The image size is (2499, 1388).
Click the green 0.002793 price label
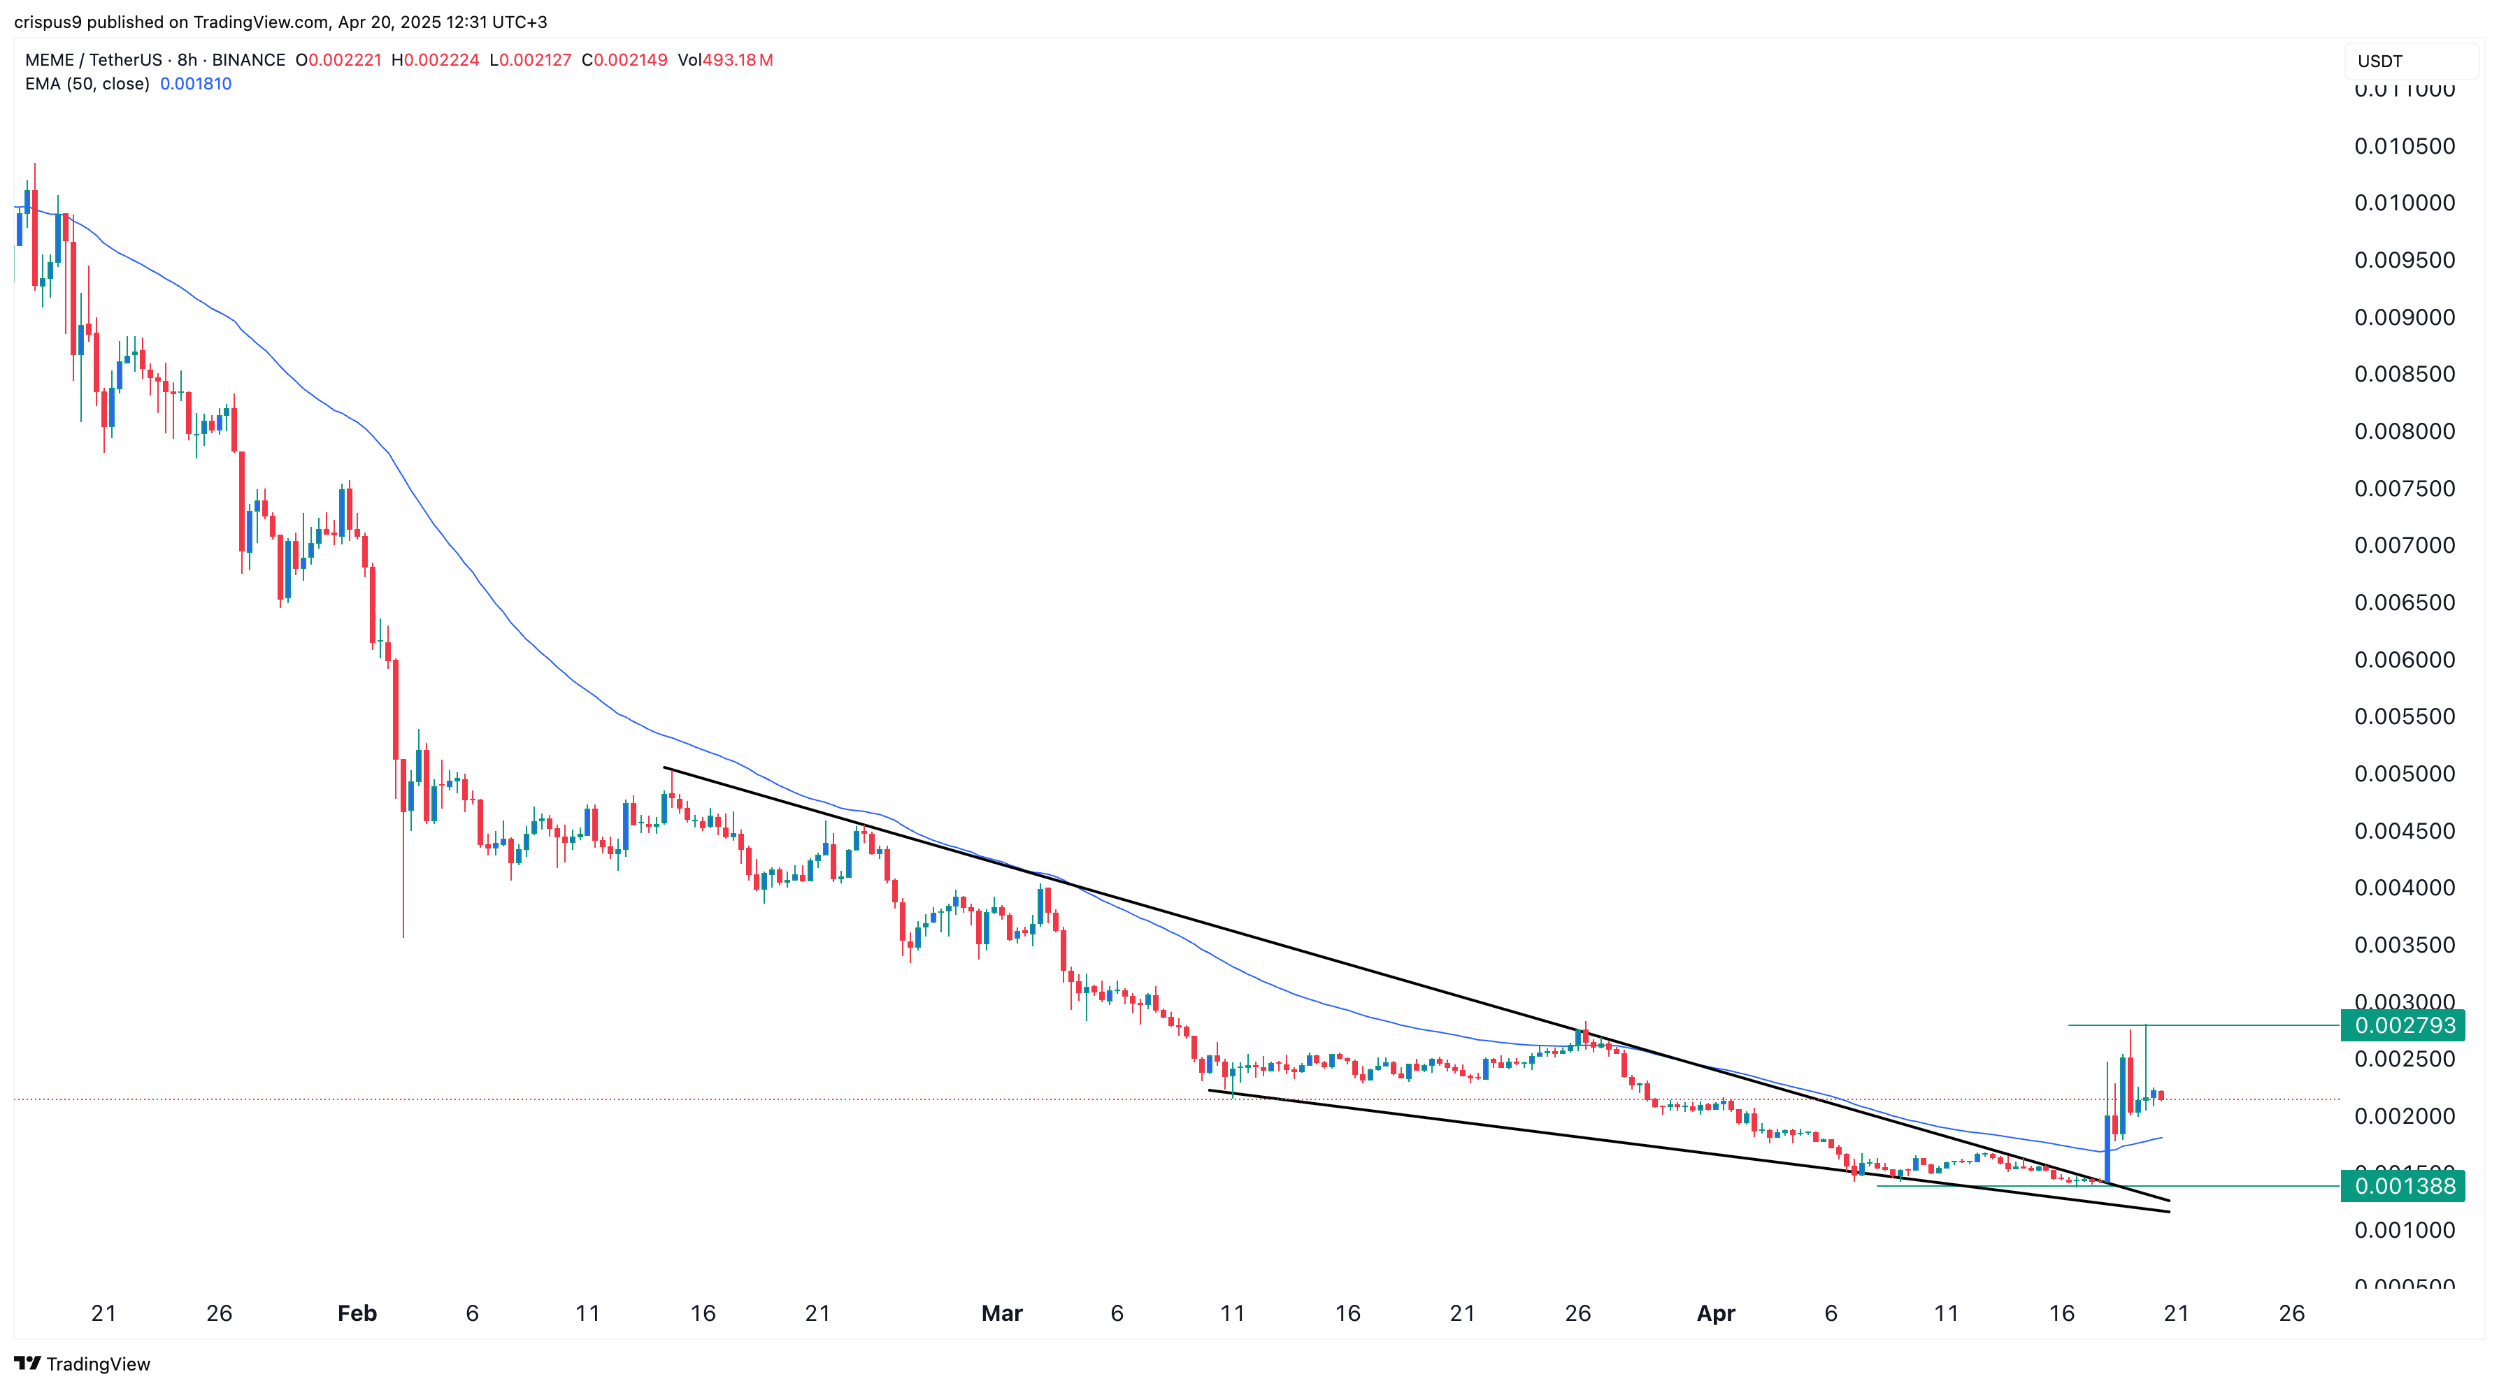(x=2403, y=1025)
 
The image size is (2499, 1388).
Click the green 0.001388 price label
(x=2403, y=1185)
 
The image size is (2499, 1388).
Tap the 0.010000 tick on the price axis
(x=2404, y=203)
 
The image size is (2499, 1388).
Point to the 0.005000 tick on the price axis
(x=2404, y=774)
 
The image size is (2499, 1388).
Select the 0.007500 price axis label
(x=2404, y=488)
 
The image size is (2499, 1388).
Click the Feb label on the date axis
(x=356, y=1313)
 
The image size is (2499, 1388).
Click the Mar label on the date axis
(x=1001, y=1313)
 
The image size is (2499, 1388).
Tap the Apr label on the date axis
(x=1715, y=1313)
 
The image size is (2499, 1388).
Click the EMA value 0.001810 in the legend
(x=195, y=83)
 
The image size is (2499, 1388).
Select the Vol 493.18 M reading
(x=724, y=60)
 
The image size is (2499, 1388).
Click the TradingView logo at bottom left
(x=83, y=1364)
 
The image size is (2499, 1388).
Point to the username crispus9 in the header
(x=48, y=22)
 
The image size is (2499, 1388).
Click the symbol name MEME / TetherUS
(x=93, y=60)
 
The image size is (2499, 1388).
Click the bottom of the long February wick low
(x=403, y=936)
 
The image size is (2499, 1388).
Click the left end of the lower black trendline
(x=1209, y=1090)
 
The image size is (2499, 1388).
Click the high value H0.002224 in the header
(x=435, y=60)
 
